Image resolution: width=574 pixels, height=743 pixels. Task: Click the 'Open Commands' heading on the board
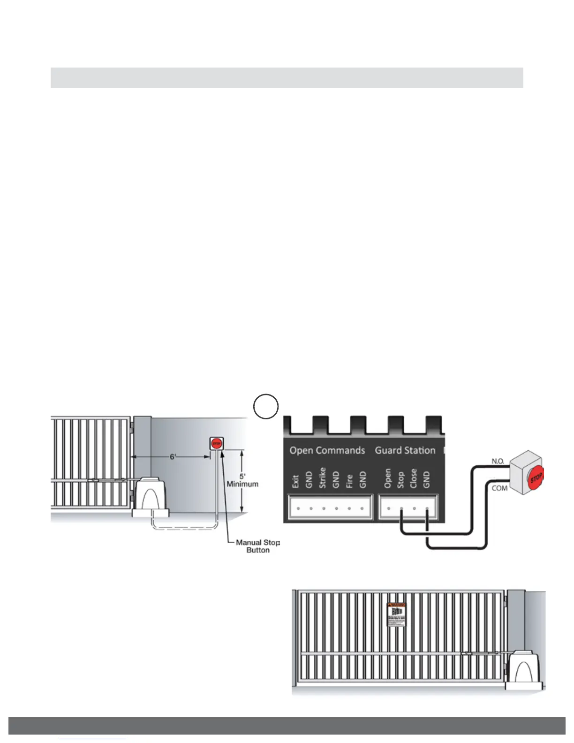pos(327,450)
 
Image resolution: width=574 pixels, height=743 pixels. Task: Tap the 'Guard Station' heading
pos(405,450)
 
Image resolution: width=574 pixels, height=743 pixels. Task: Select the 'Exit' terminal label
pos(295,482)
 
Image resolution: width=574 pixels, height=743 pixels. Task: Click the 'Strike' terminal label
pos(322,478)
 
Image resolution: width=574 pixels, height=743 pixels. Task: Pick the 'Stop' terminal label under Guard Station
pos(400,479)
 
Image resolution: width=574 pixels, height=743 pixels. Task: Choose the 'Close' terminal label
pos(413,478)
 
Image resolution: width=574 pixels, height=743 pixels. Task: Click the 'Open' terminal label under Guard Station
pos(387,478)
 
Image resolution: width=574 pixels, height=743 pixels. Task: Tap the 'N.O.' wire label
pos(498,461)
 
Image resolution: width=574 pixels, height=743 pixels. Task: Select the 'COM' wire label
pos(499,488)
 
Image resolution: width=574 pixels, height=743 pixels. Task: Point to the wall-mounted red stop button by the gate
pos(216,443)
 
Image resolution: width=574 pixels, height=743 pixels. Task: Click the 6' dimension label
pos(173,457)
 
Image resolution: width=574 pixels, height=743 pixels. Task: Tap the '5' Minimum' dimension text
pos(242,480)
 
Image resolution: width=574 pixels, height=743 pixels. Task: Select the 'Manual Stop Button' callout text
pos(257,546)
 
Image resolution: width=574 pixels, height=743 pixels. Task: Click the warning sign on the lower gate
pos(396,614)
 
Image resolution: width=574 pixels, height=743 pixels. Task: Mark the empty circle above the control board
pos(266,406)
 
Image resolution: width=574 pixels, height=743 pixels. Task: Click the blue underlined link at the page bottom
pos(93,739)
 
